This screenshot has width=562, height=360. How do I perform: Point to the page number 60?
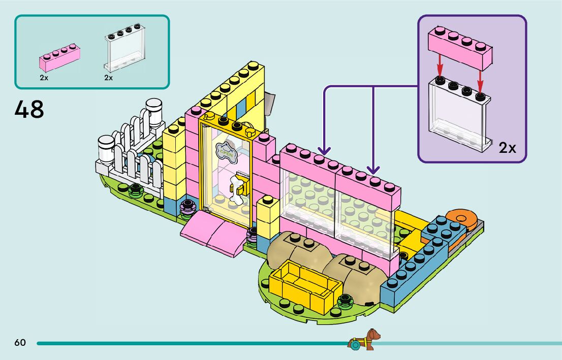pos(20,343)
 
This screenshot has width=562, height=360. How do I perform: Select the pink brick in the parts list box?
pos(59,59)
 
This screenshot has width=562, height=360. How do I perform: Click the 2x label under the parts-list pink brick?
pos(44,78)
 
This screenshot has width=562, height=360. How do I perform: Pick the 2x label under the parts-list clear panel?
pos(108,78)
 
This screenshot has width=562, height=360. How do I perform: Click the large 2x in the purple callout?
pos(507,148)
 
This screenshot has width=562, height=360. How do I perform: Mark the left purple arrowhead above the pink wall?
pos(324,151)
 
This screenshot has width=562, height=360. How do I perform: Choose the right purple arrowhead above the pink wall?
pos(373,170)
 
